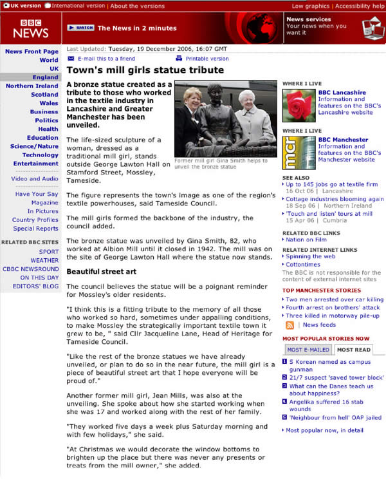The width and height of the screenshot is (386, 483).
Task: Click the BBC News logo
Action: [30, 26]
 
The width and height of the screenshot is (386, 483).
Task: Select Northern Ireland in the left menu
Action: [32, 86]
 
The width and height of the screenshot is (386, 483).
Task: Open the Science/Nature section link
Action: [34, 146]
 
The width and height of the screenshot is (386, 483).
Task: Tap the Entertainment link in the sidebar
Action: [36, 164]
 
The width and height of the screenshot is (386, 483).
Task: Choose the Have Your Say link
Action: [37, 194]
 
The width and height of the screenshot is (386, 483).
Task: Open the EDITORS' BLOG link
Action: [35, 286]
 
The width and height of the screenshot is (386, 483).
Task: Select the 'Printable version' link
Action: [207, 59]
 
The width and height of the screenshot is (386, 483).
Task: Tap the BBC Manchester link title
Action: [343, 140]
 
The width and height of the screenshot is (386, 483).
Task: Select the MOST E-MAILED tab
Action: [308, 350]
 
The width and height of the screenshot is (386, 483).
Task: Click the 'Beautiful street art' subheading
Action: [101, 271]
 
